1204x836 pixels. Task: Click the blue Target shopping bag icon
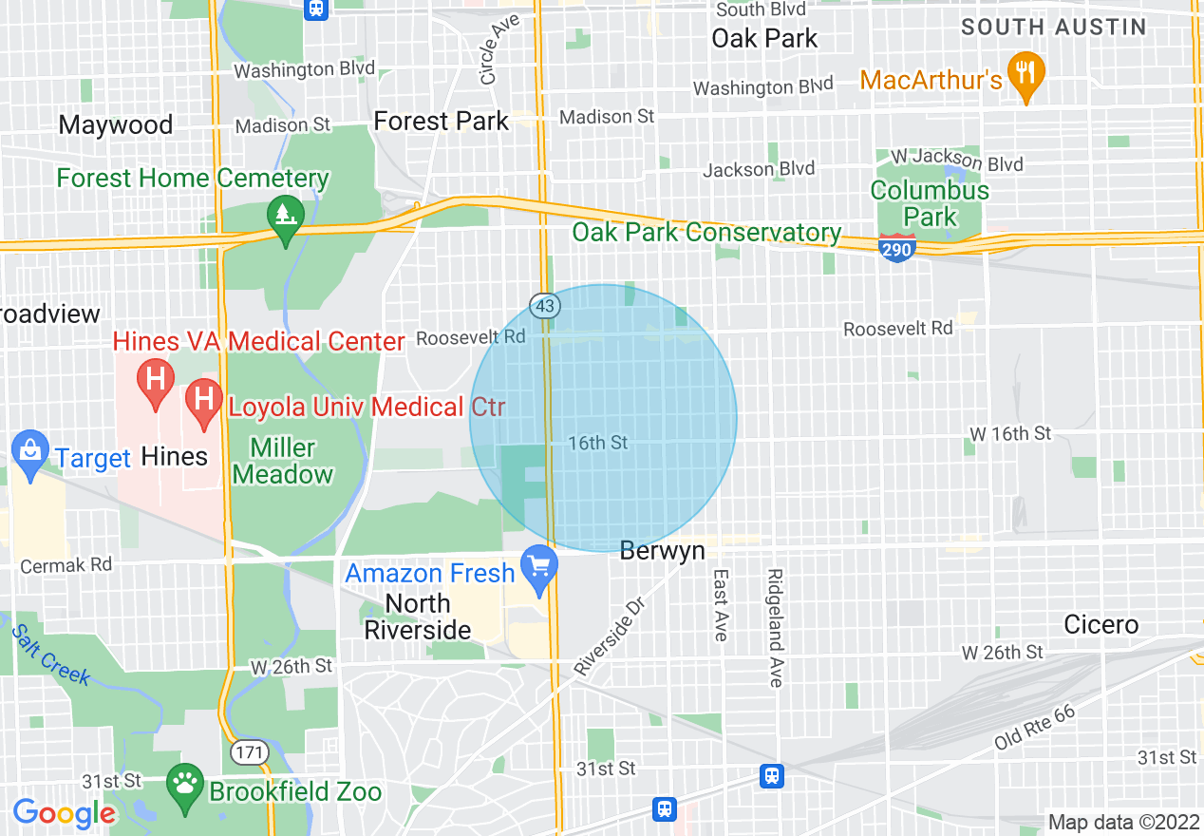tap(29, 452)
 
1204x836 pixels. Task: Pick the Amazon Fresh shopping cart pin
tap(539, 567)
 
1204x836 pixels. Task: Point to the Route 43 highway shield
tap(545, 306)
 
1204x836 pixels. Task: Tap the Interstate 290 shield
tap(896, 250)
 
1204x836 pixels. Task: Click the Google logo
tap(64, 813)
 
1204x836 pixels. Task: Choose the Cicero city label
tap(1101, 624)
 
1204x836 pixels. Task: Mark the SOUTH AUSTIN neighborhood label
tap(1054, 27)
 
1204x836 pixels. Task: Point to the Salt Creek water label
tap(51, 655)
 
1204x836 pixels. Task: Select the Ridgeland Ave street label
tap(776, 628)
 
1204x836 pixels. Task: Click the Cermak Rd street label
tap(66, 564)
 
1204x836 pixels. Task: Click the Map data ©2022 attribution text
tap(1122, 822)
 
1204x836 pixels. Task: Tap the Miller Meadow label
tap(283, 461)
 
